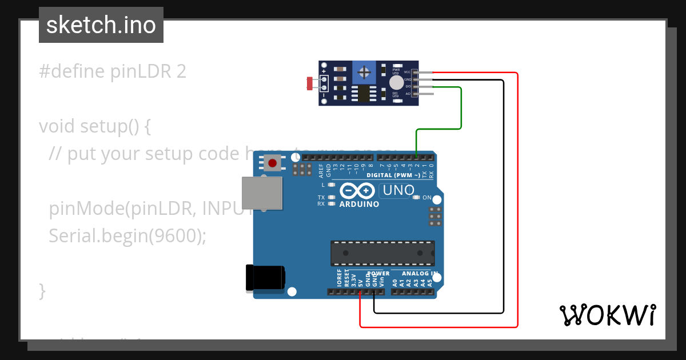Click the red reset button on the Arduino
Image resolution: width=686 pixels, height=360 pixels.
click(273, 163)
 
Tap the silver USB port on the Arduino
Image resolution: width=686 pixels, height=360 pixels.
click(262, 193)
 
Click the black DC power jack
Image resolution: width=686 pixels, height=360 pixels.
click(264, 278)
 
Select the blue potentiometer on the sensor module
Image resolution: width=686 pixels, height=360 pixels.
click(362, 72)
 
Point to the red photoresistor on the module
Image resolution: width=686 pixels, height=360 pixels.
click(310, 84)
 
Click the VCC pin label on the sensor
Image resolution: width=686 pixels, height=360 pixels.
click(407, 72)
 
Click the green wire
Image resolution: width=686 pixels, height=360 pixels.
click(461, 109)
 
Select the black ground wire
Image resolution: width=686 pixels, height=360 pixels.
click(503, 200)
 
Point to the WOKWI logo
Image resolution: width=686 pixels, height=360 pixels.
click(608, 315)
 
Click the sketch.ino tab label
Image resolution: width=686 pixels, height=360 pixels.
click(101, 25)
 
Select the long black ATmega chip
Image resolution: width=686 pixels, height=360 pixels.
click(382, 253)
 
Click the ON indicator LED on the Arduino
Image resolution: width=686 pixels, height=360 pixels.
click(418, 198)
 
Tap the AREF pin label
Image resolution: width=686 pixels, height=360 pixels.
click(321, 170)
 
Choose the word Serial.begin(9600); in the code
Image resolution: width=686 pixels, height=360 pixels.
click(127, 235)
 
